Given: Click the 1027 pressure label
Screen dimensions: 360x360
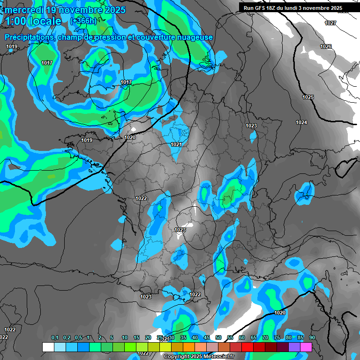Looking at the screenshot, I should (330, 23).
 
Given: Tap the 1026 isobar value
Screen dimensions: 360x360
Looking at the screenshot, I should (326, 46).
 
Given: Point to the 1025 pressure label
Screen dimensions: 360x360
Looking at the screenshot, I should (308, 97).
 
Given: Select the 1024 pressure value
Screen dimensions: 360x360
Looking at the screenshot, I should (301, 122).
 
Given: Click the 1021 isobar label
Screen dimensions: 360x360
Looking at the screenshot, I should (176, 144).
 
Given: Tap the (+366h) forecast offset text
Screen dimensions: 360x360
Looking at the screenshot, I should (83, 21).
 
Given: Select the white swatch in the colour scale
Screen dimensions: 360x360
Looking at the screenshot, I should (48, 347).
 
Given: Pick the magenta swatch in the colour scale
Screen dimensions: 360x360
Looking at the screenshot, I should (306, 347).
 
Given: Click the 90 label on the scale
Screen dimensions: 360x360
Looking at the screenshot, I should (312, 338).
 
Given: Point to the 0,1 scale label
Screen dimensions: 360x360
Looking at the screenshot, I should (54, 338).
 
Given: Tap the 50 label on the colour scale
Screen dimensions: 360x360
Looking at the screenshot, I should (218, 338).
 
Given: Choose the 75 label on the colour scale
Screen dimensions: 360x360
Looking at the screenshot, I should (277, 338).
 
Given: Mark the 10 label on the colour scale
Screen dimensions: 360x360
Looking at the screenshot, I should (125, 338).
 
